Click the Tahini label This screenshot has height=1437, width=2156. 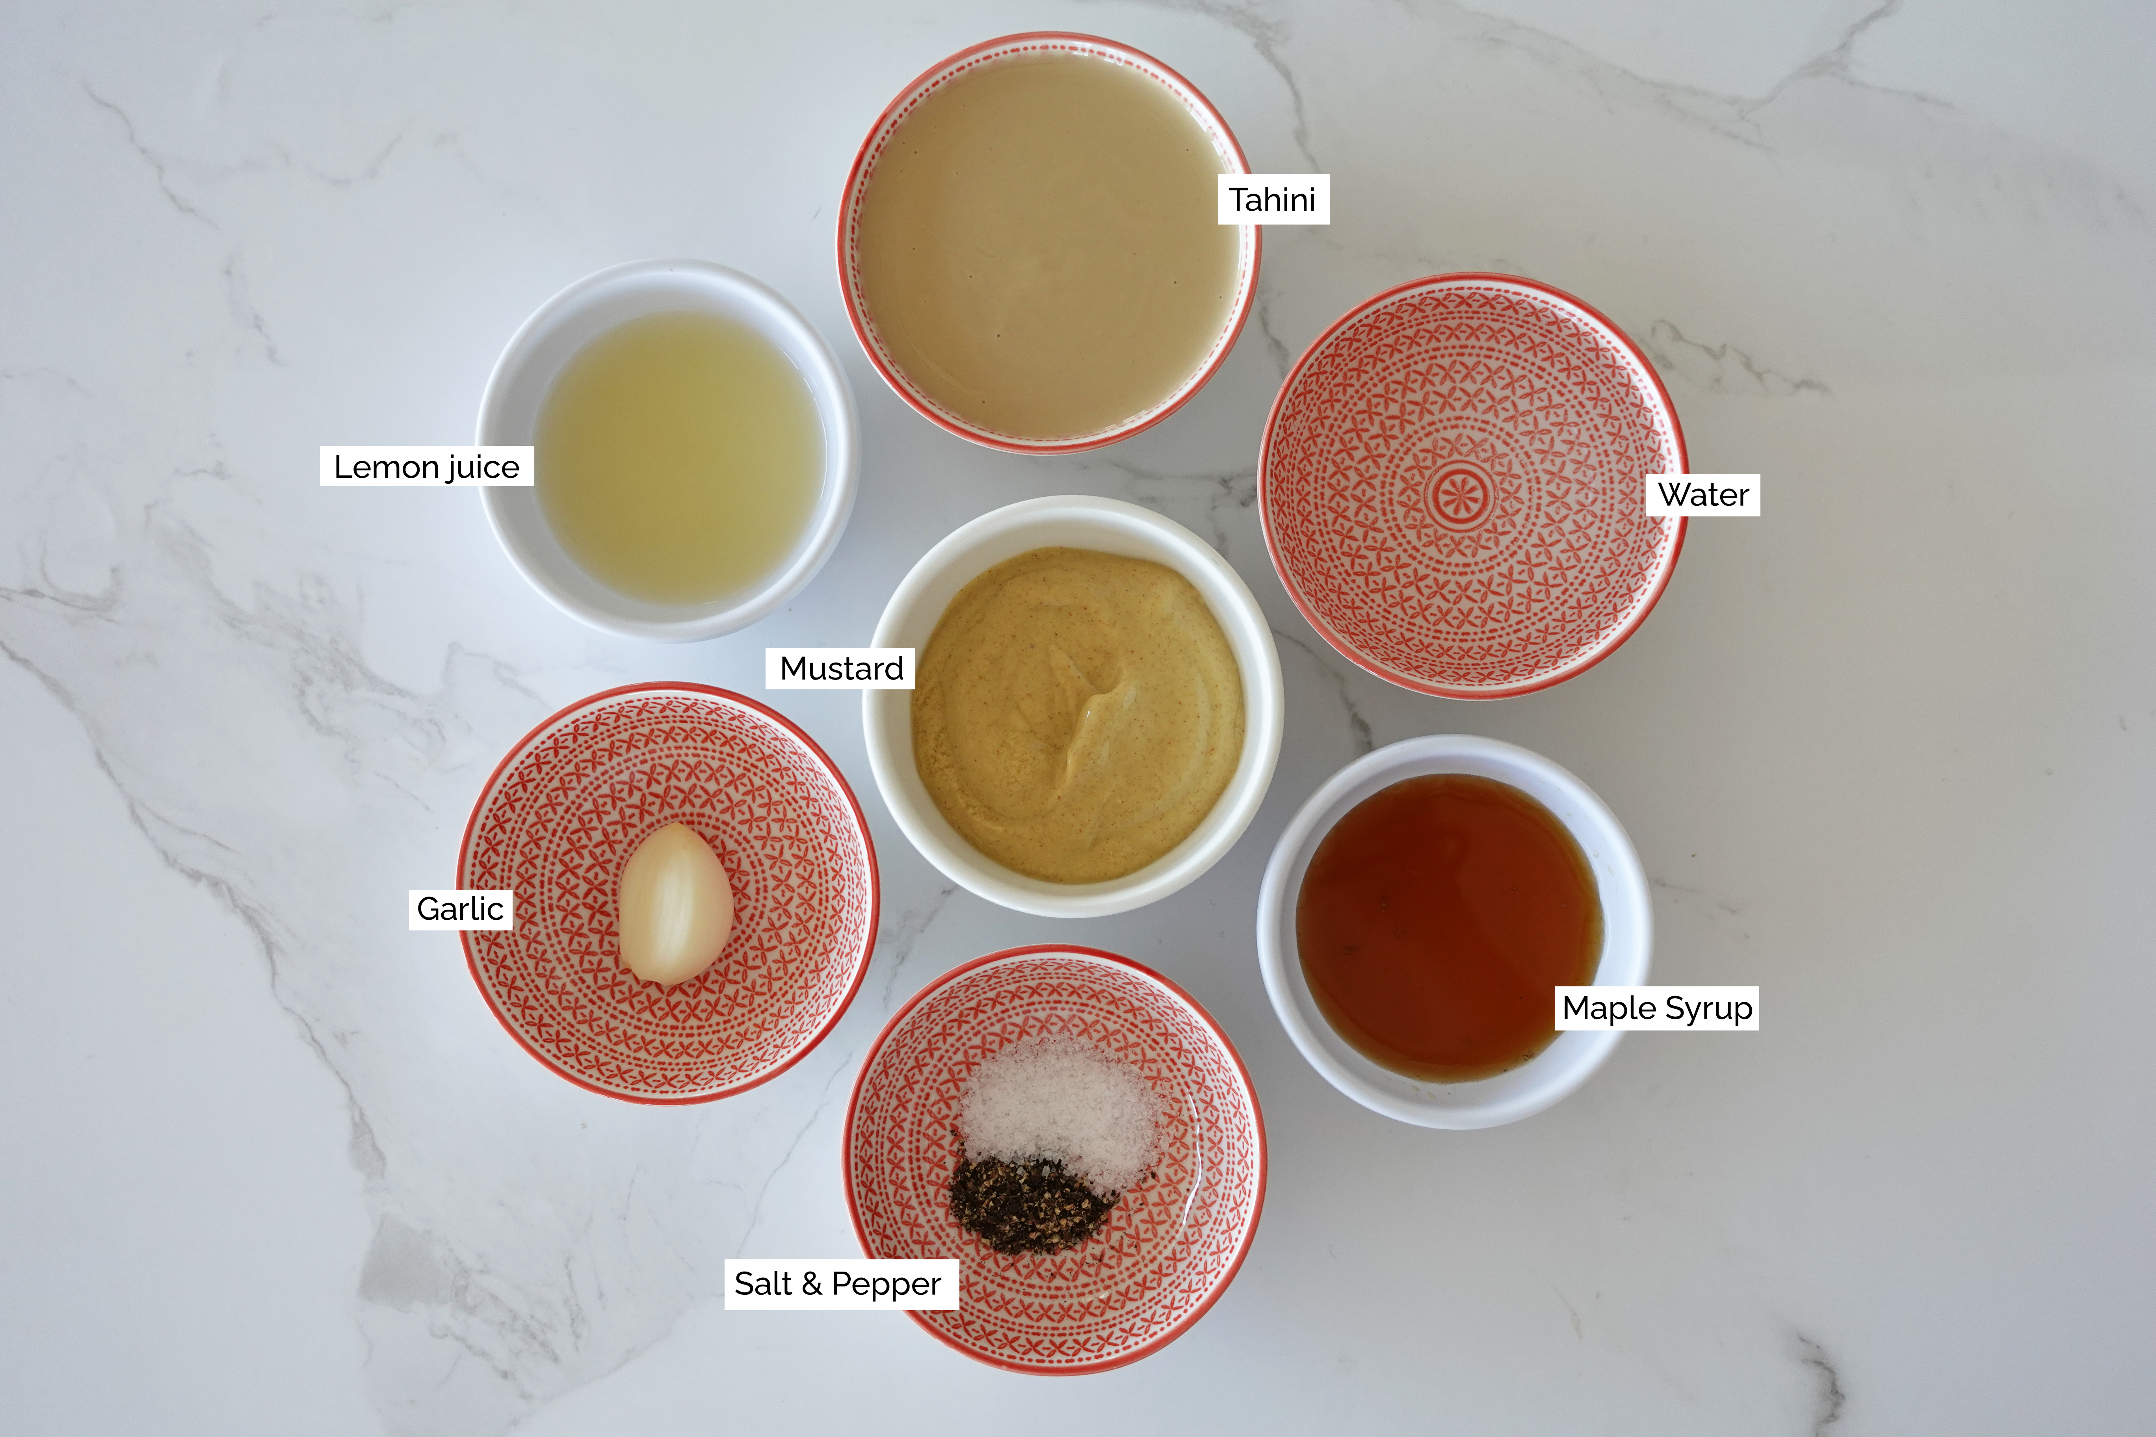[1272, 199]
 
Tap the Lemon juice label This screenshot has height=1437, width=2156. [426, 466]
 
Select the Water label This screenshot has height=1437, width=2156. [1703, 495]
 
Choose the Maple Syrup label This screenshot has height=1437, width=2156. [1656, 1007]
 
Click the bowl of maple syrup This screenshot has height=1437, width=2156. [1448, 926]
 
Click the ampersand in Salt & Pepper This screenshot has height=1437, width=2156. [811, 1284]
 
